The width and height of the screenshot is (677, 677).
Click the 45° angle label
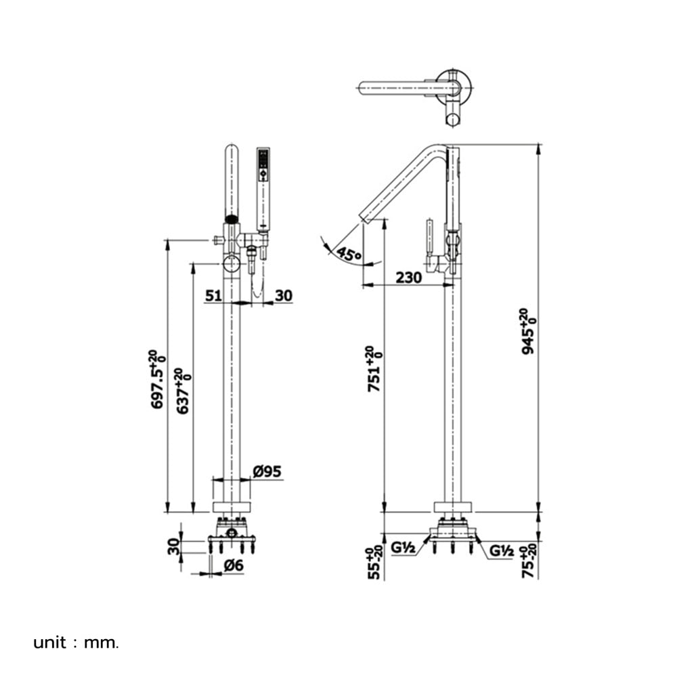(x=349, y=254)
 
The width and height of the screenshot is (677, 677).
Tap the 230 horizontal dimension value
(x=408, y=277)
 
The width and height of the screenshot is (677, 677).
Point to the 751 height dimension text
(x=374, y=369)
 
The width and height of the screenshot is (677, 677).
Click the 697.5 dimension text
(x=157, y=380)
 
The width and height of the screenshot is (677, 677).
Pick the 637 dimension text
(x=183, y=391)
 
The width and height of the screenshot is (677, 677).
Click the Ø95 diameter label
(x=267, y=471)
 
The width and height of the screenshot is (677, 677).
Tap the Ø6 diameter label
(x=234, y=565)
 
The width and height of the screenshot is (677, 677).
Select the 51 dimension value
(x=213, y=296)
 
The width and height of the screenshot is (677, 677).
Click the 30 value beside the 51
(x=284, y=296)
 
